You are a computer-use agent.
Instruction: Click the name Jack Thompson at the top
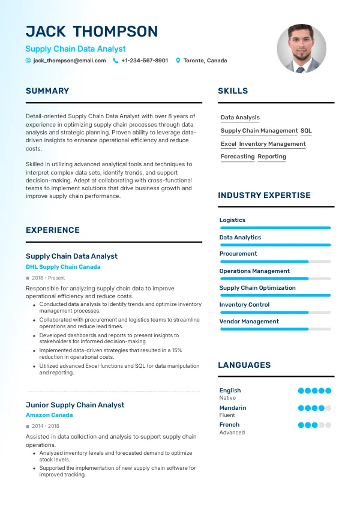click(x=92, y=31)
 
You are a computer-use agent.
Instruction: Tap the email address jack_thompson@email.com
click(x=70, y=61)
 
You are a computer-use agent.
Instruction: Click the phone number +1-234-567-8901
click(x=145, y=61)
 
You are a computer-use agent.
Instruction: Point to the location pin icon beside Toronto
click(x=178, y=61)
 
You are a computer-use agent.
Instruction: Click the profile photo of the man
click(x=301, y=49)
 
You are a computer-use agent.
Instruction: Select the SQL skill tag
click(x=306, y=131)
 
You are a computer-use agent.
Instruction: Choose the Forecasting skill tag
click(x=238, y=157)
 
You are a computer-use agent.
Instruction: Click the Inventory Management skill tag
click(x=272, y=144)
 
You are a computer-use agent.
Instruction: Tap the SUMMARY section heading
click(x=47, y=91)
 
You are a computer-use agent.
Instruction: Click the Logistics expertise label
click(x=232, y=220)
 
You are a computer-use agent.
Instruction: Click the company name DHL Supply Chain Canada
click(x=63, y=267)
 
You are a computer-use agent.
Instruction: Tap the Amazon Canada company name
click(x=49, y=415)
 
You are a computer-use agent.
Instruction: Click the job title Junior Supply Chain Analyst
click(x=75, y=405)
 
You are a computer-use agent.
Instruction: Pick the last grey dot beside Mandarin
click(x=328, y=408)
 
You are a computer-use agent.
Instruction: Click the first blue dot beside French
click(x=301, y=425)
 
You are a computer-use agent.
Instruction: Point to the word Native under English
click(x=227, y=398)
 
